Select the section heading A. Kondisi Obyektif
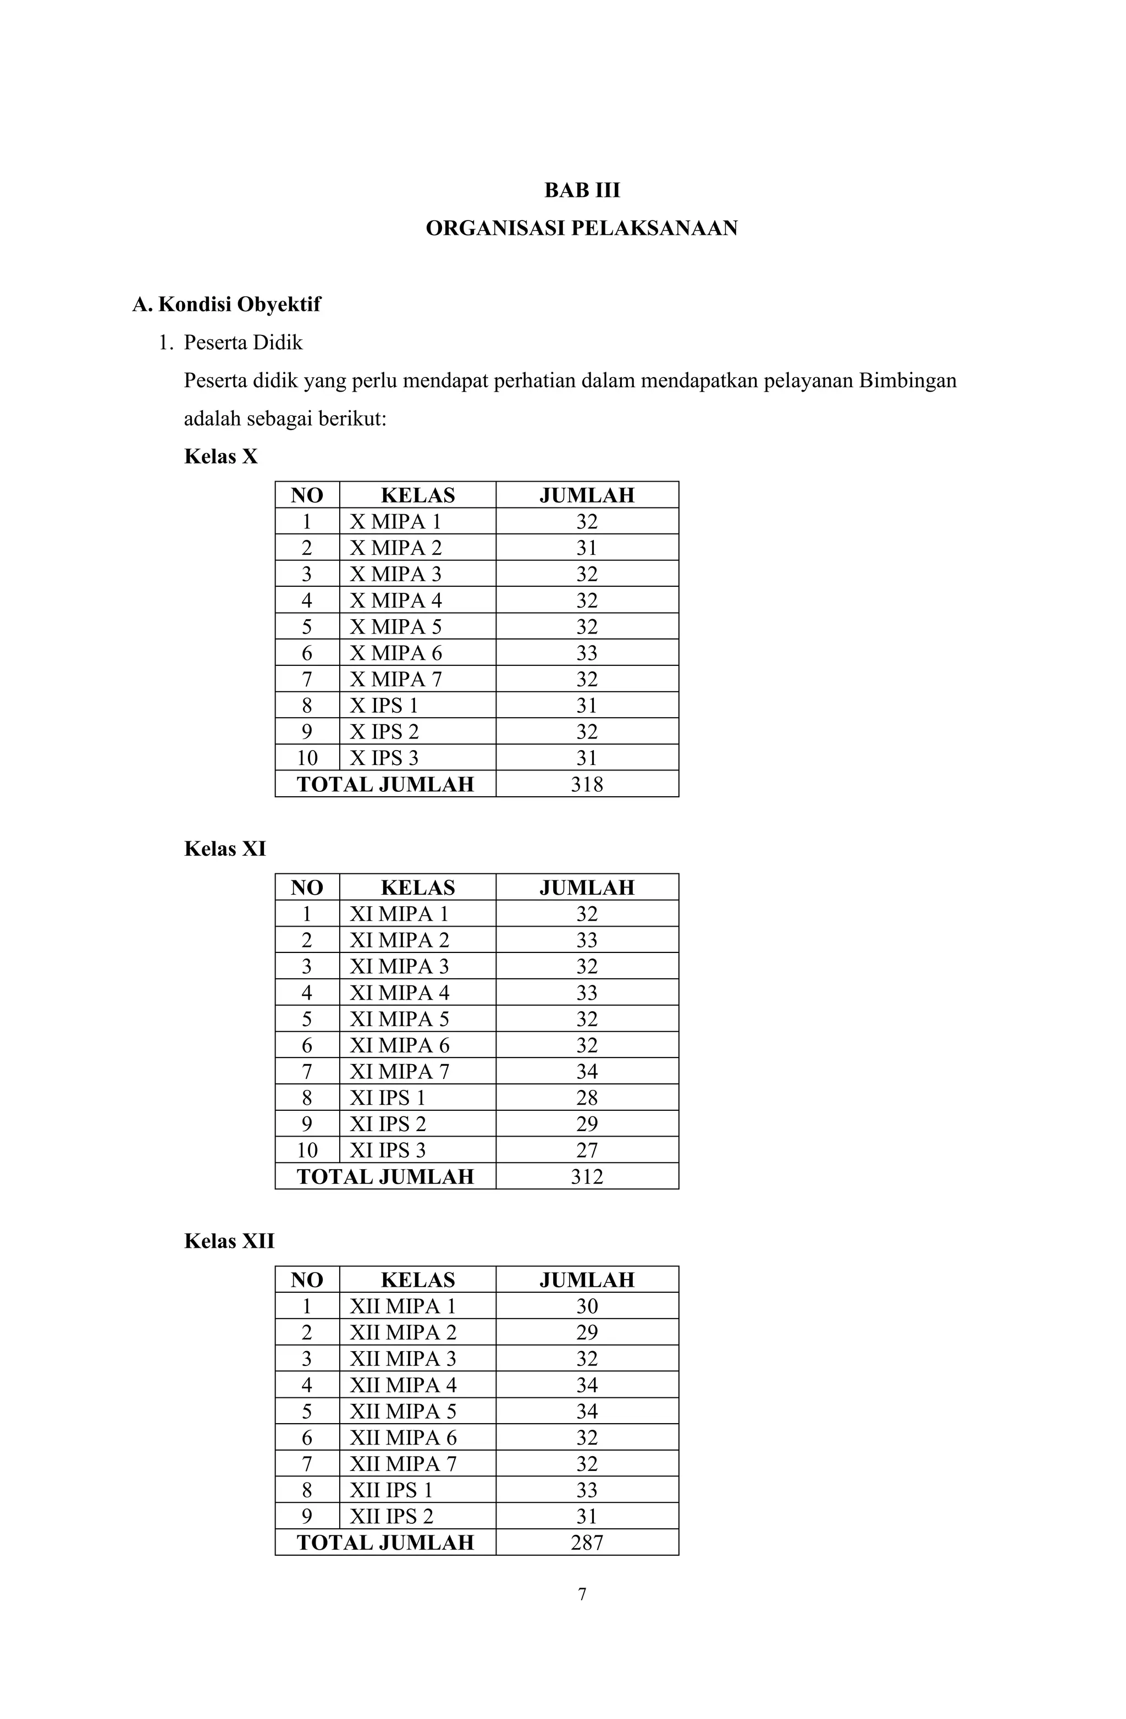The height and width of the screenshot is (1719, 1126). pyautogui.click(x=226, y=304)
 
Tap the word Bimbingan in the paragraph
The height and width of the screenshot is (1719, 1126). pyautogui.click(x=907, y=381)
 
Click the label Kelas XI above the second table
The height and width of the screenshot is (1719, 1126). pyautogui.click(x=225, y=848)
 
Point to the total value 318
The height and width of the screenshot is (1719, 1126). pyautogui.click(x=587, y=784)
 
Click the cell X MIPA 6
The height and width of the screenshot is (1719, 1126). pyautogui.click(x=395, y=653)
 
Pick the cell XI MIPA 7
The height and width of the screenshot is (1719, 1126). pyautogui.click(x=399, y=1071)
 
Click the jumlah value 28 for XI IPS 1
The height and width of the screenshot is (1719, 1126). pyautogui.click(x=587, y=1098)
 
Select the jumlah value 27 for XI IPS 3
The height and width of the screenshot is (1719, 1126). pyautogui.click(x=587, y=1150)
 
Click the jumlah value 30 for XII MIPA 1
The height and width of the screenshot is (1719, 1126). pyautogui.click(x=587, y=1306)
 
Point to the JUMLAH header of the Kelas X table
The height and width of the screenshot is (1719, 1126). pyautogui.click(x=587, y=495)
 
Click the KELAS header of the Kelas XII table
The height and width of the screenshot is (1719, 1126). pyautogui.click(x=417, y=1280)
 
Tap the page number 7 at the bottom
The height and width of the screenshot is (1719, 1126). pyautogui.click(x=582, y=1594)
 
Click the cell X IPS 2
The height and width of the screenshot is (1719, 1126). pyautogui.click(x=384, y=732)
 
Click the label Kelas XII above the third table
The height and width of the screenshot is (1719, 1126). pyautogui.click(x=229, y=1241)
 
